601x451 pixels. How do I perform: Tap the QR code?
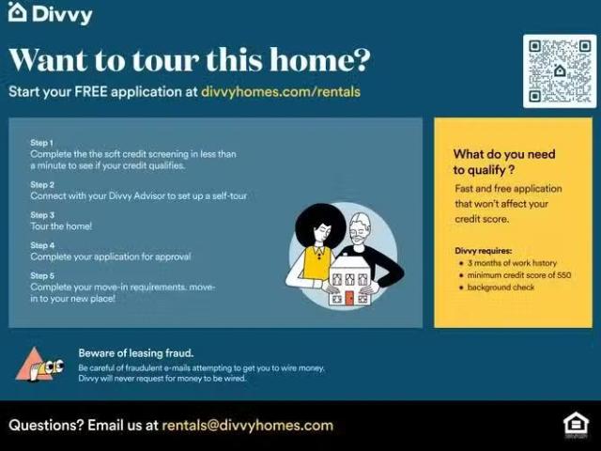[x=559, y=70]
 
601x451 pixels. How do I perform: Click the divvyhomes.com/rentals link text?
[x=281, y=92]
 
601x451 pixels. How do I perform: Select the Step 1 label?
[x=42, y=143]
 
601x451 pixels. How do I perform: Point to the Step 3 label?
[x=42, y=215]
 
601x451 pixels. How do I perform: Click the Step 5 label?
[x=42, y=275]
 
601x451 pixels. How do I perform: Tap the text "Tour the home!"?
[x=61, y=226]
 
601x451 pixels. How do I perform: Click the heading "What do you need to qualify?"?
[x=504, y=162]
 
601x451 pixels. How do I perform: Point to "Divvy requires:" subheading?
[x=484, y=251]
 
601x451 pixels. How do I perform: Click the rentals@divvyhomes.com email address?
[x=247, y=425]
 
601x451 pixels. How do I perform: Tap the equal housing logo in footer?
[x=575, y=425]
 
